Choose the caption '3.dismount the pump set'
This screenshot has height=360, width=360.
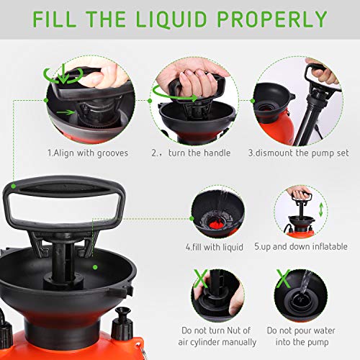click(x=296, y=153)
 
